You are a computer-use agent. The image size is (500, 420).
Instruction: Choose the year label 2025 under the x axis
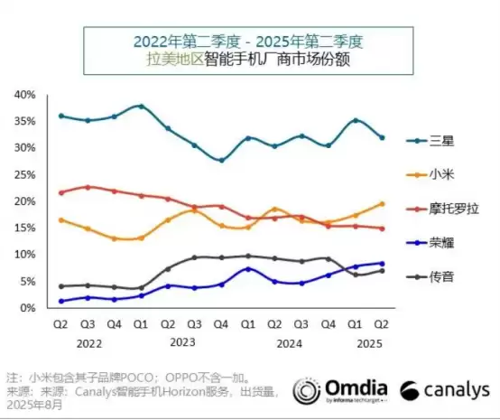pyautogui.click(x=367, y=342)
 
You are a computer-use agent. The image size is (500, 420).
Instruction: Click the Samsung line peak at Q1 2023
pyautogui.click(x=141, y=107)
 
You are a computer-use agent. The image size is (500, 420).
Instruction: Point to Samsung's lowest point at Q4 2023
pyautogui.click(x=221, y=160)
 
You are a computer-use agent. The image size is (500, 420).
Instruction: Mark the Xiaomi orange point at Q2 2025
pyautogui.click(x=382, y=204)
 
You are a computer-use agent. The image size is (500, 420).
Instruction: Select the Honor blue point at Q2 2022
pyautogui.click(x=60, y=301)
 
